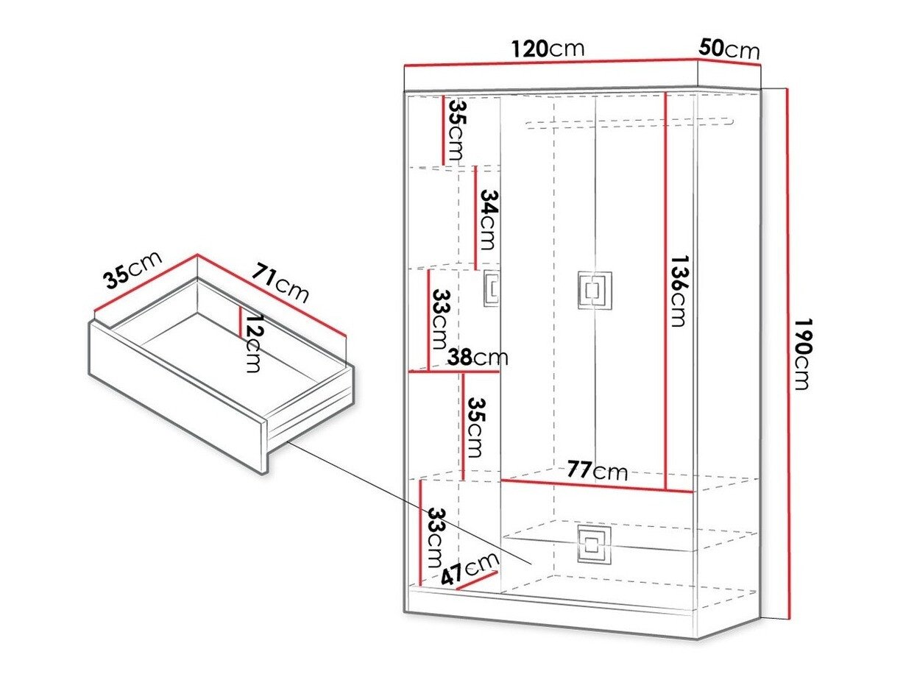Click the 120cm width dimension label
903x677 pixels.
(548, 49)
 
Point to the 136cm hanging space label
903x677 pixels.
(678, 291)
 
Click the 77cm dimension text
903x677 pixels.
(597, 470)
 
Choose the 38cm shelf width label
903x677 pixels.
(478, 357)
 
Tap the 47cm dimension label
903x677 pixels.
(469, 570)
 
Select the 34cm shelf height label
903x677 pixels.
(489, 219)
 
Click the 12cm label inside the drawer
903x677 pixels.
(253, 343)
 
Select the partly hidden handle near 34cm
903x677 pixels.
(492, 288)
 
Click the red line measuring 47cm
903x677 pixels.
(477, 580)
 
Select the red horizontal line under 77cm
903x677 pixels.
(597, 486)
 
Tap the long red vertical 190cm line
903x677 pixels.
(787, 353)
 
